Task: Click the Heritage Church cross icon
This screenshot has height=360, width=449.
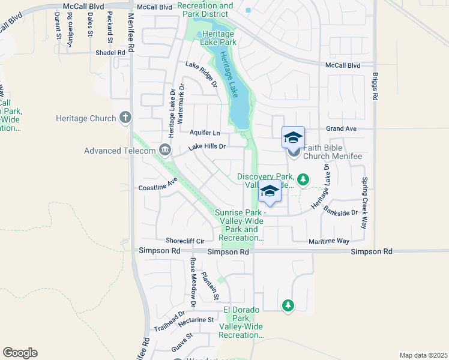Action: click(125, 118)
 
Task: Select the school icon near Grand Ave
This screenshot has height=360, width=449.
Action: click(293, 138)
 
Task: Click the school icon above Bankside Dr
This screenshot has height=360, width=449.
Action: click(270, 191)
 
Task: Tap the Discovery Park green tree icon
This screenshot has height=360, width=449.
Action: click(304, 179)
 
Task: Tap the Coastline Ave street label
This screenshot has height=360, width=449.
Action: click(158, 184)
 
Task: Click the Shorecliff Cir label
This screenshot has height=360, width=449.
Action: click(193, 241)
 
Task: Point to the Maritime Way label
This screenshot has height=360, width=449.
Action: click(329, 241)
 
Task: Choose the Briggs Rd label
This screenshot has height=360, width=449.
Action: click(375, 88)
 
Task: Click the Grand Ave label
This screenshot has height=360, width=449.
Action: click(342, 128)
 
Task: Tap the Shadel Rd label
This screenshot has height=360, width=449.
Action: click(110, 52)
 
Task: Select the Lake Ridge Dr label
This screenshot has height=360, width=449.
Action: click(201, 74)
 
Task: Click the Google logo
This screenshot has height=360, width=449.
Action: click(20, 353)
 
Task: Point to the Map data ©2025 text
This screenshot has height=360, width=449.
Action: click(423, 355)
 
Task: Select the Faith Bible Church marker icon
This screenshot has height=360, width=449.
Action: click(294, 152)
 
